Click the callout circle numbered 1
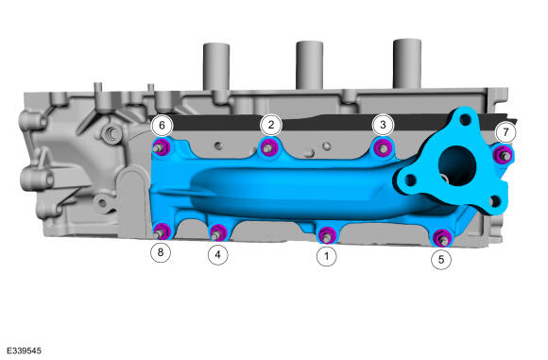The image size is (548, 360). pos(327,256)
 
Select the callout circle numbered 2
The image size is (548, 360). pos(271,125)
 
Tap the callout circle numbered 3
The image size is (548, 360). pos(383,125)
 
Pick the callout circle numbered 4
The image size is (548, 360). pos(217,255)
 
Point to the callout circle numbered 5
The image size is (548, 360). pos(441,260)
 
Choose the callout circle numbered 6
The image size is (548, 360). pos(162,125)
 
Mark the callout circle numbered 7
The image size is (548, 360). pos(505,132)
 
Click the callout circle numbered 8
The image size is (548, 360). pos(161,252)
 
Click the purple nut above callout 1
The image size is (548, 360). pos(327,235)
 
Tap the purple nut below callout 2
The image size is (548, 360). pos(269,148)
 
